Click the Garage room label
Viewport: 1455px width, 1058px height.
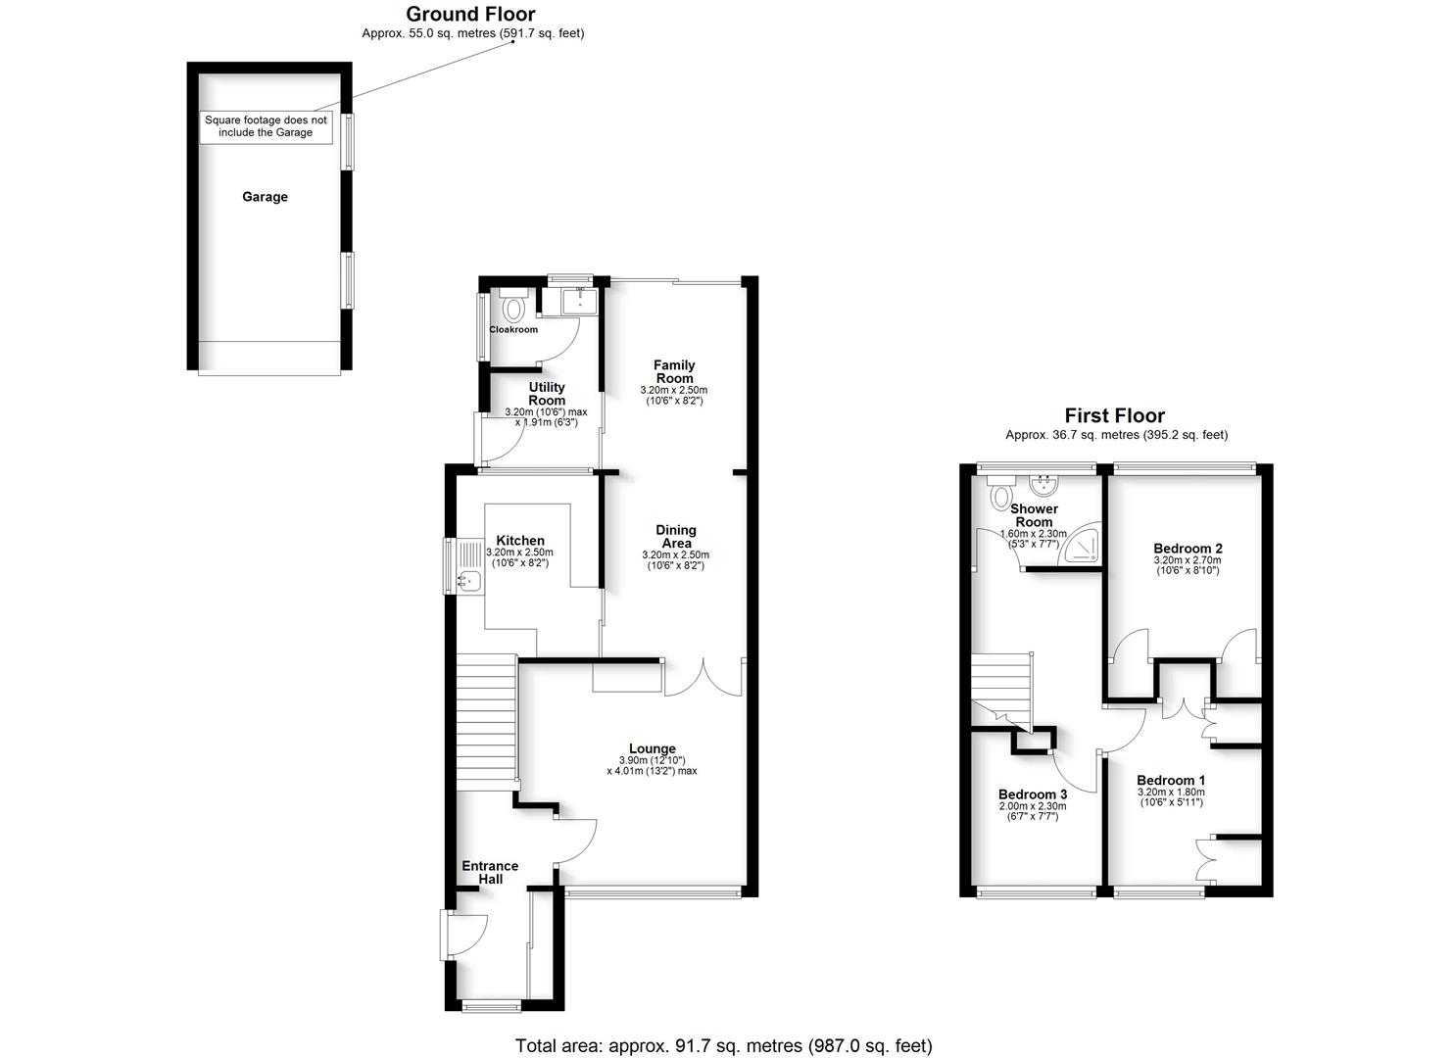point(265,197)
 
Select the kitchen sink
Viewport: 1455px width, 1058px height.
point(469,581)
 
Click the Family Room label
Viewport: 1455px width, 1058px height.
point(674,371)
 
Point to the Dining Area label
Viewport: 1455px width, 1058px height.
point(675,537)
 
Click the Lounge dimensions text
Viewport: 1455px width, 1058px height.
point(652,766)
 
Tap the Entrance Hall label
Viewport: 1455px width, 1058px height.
point(490,872)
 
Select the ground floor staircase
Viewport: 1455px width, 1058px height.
point(486,721)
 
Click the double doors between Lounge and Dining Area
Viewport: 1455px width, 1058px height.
point(703,678)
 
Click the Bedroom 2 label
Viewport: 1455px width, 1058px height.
point(1188,549)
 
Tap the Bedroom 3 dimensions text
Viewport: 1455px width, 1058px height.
point(1033,811)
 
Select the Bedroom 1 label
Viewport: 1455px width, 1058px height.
point(1171,781)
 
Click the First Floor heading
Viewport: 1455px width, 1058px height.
point(1115,415)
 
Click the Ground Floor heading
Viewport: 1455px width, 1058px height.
point(470,14)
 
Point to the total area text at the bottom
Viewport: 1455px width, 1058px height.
point(724,1045)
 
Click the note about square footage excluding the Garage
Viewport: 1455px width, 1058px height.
point(266,126)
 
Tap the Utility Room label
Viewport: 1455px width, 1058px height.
point(547,393)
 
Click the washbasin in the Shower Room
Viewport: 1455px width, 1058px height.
point(1045,484)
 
